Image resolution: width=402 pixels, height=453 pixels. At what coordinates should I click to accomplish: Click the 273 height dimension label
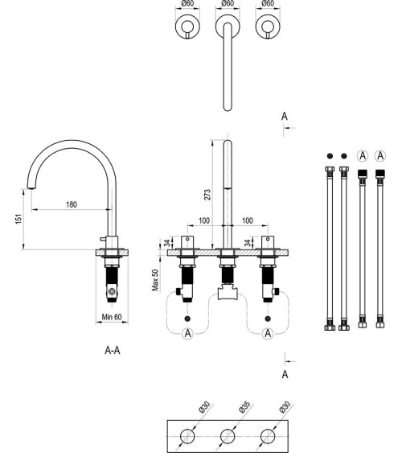(x=207, y=195)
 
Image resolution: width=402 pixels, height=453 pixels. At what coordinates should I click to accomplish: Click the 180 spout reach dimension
(x=72, y=204)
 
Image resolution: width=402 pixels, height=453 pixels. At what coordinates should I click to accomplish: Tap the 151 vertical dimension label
(x=18, y=219)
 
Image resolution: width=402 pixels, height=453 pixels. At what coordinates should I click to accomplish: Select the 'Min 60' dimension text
(x=112, y=317)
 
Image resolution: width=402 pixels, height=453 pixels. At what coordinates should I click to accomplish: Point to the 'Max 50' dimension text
(x=155, y=280)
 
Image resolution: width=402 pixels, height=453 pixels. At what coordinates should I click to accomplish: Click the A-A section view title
(x=113, y=351)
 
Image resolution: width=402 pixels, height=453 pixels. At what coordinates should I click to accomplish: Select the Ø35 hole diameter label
(x=245, y=407)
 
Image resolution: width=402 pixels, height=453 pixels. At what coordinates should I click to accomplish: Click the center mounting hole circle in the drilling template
(x=228, y=436)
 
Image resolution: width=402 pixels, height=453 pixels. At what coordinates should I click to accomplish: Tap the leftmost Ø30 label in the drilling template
(x=204, y=407)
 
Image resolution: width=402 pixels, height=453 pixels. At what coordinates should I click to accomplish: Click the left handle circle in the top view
(x=187, y=27)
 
